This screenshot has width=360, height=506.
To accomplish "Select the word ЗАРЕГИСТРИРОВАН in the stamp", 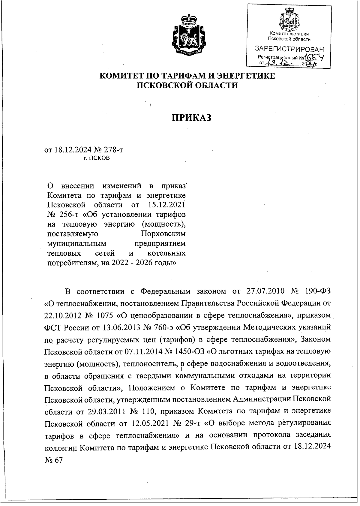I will [x=289, y=49].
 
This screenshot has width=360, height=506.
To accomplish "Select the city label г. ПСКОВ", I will [x=97, y=158].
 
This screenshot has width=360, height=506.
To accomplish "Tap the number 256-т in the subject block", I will [x=68, y=215].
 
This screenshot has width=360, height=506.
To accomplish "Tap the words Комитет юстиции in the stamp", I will [x=289, y=34].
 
